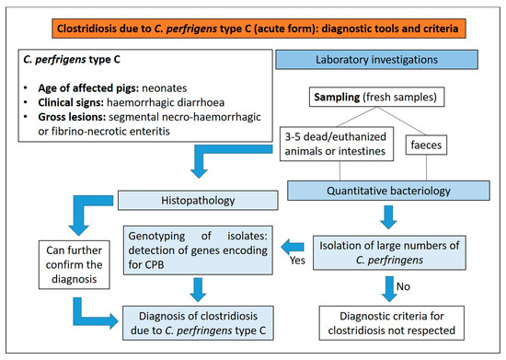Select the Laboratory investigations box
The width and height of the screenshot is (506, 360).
pos(376,60)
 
